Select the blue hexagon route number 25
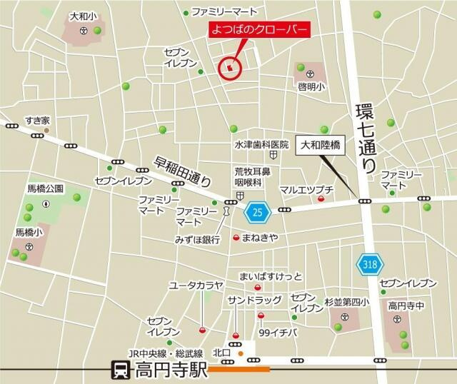(257, 211)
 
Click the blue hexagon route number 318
(368, 264)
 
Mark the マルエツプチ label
(306, 189)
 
